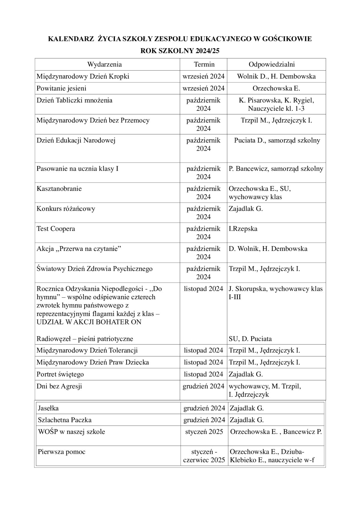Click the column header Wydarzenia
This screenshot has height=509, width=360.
pyautogui.click(x=104, y=64)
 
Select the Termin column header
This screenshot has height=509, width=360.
pyautogui.click(x=204, y=64)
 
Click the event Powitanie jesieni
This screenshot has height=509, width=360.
pyautogui.click(x=61, y=88)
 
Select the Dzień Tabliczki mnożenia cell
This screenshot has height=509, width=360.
pyautogui.click(x=74, y=100)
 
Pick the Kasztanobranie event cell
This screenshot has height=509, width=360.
pyautogui.click(x=59, y=189)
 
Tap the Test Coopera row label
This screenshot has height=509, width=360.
pyautogui.click(x=56, y=229)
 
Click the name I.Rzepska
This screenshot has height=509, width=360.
pyautogui.click(x=243, y=229)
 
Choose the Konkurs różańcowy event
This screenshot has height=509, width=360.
pyautogui.click(x=66, y=209)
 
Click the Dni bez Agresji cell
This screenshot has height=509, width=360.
pyautogui.click(x=59, y=386)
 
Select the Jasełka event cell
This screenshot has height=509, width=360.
pyautogui.click(x=48, y=408)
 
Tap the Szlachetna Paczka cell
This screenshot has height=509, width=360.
pyautogui.click(x=64, y=420)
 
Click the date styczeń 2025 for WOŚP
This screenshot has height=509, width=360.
pyautogui.click(x=204, y=432)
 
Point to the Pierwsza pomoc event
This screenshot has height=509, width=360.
pyautogui.click(x=61, y=452)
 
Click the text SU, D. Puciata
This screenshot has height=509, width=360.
pyautogui.click(x=250, y=339)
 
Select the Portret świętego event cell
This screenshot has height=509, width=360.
pyautogui.click(x=60, y=374)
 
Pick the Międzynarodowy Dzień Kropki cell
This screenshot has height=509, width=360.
pyautogui.click(x=83, y=76)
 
